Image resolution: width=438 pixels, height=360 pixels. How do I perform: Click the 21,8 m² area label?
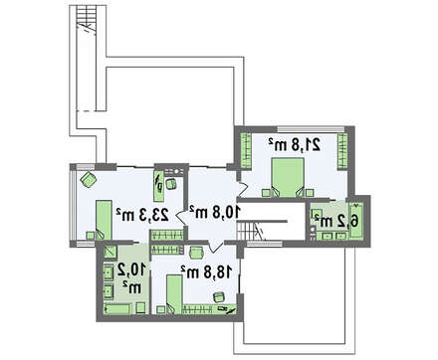[295, 145]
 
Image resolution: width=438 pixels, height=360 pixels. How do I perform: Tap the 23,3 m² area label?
[142, 215]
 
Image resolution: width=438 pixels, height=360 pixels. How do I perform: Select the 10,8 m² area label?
[214, 212]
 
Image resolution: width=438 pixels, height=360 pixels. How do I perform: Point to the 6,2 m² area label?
[336, 221]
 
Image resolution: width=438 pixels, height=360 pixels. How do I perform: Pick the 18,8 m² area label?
[206, 272]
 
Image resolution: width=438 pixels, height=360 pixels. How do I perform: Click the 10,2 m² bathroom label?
[131, 278]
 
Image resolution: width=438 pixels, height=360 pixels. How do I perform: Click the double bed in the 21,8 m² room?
[288, 178]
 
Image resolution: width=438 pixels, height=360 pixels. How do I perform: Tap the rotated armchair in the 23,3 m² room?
[89, 179]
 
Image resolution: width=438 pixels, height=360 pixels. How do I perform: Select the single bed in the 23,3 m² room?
[104, 220]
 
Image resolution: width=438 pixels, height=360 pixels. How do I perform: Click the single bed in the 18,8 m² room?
[174, 294]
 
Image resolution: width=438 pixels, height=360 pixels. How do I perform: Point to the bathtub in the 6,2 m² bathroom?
[356, 221]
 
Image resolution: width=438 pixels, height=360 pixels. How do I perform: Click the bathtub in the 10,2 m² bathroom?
[117, 309]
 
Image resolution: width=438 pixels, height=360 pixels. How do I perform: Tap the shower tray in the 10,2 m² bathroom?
[109, 252]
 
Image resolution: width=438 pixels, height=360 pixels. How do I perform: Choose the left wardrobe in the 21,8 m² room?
[246, 151]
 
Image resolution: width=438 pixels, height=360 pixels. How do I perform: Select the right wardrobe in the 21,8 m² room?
[342, 151]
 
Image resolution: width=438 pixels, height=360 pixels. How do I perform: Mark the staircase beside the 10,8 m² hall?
[253, 231]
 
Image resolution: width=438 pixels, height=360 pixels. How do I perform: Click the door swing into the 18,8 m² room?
[216, 247]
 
